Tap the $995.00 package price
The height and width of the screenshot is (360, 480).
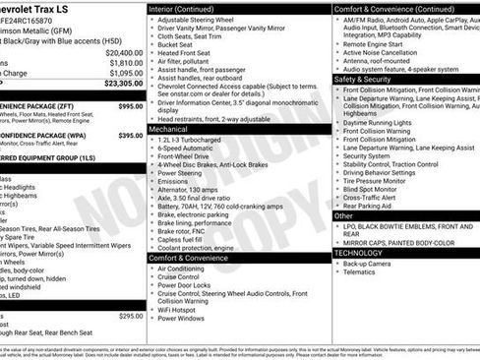coord(131,105)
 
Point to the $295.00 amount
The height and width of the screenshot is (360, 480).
coord(131,316)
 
